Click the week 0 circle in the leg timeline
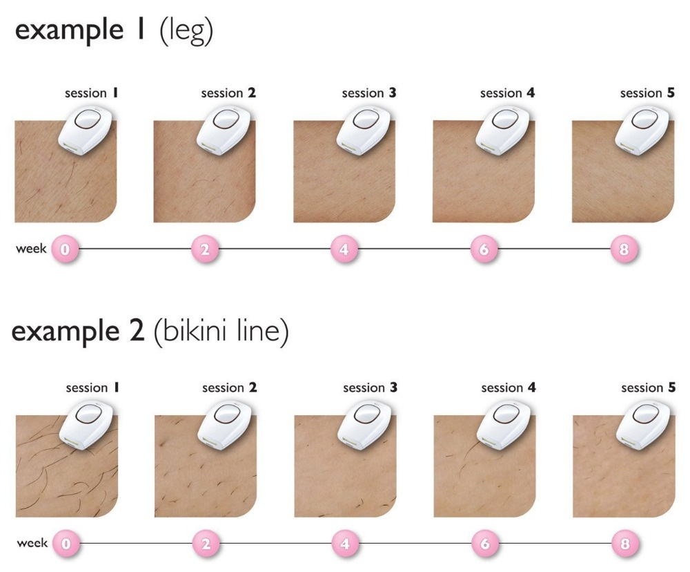[65, 249]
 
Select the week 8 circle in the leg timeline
[623, 249]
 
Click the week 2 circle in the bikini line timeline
[205, 544]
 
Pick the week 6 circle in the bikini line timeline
[484, 544]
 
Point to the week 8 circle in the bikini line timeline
[624, 544]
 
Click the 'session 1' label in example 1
[90, 93]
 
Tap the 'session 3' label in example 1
[369, 93]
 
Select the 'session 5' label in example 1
[647, 93]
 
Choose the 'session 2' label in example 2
[230, 388]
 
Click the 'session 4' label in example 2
[509, 388]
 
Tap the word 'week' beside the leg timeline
[31, 248]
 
